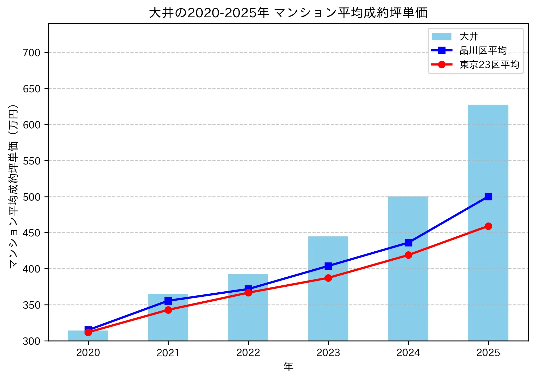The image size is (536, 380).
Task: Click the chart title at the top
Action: click(288, 13)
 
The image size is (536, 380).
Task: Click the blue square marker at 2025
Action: click(488, 196)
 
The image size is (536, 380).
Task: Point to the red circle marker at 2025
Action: click(488, 226)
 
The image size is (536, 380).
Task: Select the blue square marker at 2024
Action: click(408, 243)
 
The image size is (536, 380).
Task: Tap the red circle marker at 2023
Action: click(328, 278)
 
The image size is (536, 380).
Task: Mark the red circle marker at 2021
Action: click(168, 310)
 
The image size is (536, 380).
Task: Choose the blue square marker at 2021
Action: click(168, 301)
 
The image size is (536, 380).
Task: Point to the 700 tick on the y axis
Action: click(32, 53)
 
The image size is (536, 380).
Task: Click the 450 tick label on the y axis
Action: click(32, 233)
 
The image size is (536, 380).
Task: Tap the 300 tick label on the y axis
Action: click(32, 341)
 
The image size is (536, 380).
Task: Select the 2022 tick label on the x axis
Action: click(248, 352)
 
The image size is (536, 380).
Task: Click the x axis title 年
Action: click(288, 366)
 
